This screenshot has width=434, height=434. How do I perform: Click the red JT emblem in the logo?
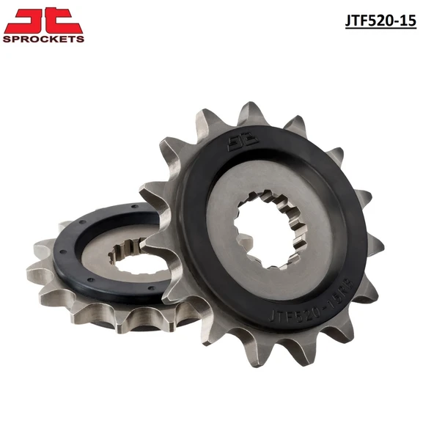44,21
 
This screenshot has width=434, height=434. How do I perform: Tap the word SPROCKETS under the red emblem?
44,38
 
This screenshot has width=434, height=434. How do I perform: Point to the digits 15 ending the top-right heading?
407,21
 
